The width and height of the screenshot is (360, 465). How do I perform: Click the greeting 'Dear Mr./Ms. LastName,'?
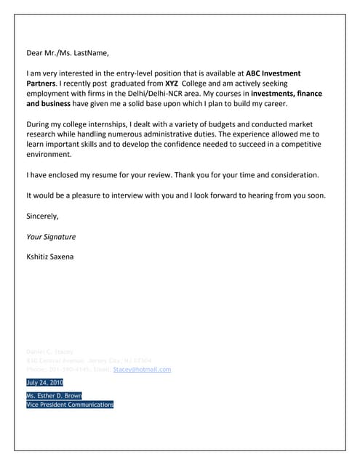tap(67, 53)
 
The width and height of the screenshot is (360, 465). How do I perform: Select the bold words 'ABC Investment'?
tap(273, 74)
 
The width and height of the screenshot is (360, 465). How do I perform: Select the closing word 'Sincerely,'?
tap(42, 216)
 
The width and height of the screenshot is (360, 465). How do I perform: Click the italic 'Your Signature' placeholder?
tap(51, 236)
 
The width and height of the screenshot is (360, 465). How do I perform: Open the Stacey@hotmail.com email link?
tap(142, 370)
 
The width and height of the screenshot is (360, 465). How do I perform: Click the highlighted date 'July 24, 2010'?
tap(44, 382)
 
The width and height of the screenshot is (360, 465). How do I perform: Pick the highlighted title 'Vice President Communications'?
tap(70, 405)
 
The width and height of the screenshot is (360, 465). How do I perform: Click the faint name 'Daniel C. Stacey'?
tap(49, 352)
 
